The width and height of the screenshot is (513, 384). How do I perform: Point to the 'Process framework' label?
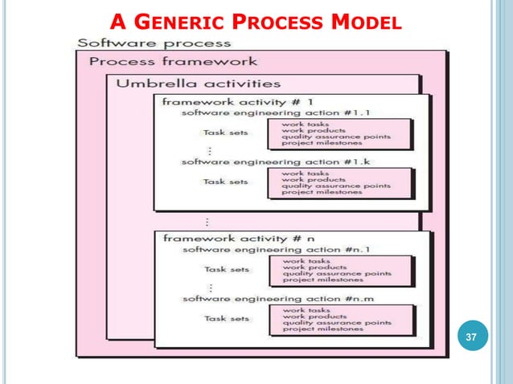(x=173, y=61)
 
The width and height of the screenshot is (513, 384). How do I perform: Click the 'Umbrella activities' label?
(x=199, y=83)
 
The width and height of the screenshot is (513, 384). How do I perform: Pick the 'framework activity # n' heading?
(x=218, y=239)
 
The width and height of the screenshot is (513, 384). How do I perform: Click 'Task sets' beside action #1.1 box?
(x=225, y=133)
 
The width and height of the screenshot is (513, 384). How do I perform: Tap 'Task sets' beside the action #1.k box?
(x=225, y=182)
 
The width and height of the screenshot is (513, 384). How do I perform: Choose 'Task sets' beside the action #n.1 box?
(x=225, y=269)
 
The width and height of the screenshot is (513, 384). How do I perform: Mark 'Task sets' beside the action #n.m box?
(x=225, y=318)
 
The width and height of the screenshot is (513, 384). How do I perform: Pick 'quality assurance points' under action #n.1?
(x=334, y=273)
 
